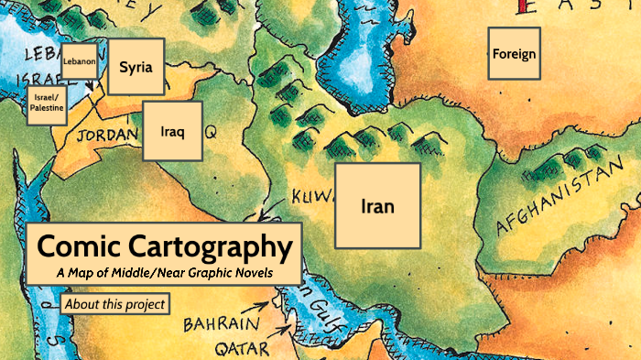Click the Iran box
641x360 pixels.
(x=377, y=206)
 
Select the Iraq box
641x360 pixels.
(x=172, y=132)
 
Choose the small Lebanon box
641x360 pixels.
(x=80, y=61)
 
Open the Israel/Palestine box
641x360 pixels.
(x=47, y=102)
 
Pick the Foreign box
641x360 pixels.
(x=514, y=53)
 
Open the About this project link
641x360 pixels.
(x=114, y=304)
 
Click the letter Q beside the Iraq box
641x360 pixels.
(x=211, y=133)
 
